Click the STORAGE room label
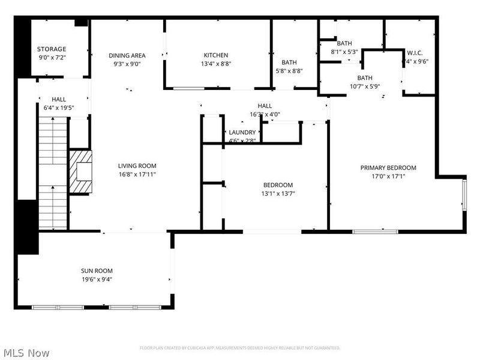52,49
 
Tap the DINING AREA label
127,56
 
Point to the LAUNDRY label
242,133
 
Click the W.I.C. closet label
415,52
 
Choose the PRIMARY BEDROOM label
388,168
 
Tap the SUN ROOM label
97,271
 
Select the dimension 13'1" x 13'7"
278,193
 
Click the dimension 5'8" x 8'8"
289,71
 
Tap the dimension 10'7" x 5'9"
365,86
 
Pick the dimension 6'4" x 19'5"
59,108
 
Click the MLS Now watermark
26,353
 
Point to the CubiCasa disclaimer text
240,348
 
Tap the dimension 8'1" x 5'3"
344,52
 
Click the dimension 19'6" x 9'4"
97,279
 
